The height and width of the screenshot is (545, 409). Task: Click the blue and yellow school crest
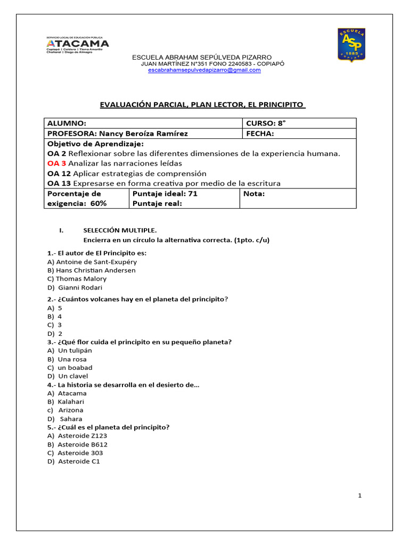(x=351, y=44)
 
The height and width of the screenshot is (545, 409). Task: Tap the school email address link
(x=204, y=70)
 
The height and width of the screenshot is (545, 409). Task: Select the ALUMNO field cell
(x=143, y=123)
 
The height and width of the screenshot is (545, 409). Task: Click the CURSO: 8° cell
(x=299, y=123)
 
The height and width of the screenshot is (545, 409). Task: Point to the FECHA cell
(x=299, y=134)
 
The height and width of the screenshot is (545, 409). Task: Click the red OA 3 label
(x=56, y=163)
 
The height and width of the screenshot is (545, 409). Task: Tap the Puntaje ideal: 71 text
(x=165, y=194)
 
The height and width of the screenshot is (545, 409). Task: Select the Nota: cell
(x=298, y=198)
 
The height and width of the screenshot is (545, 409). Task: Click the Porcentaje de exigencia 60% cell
(x=86, y=198)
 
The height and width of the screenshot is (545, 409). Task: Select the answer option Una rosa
(x=72, y=359)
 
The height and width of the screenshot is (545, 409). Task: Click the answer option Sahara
(x=71, y=419)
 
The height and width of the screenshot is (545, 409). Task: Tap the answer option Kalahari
(x=71, y=402)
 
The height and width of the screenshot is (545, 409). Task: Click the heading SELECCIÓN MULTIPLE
(x=120, y=230)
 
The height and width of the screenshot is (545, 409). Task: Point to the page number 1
(x=360, y=496)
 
